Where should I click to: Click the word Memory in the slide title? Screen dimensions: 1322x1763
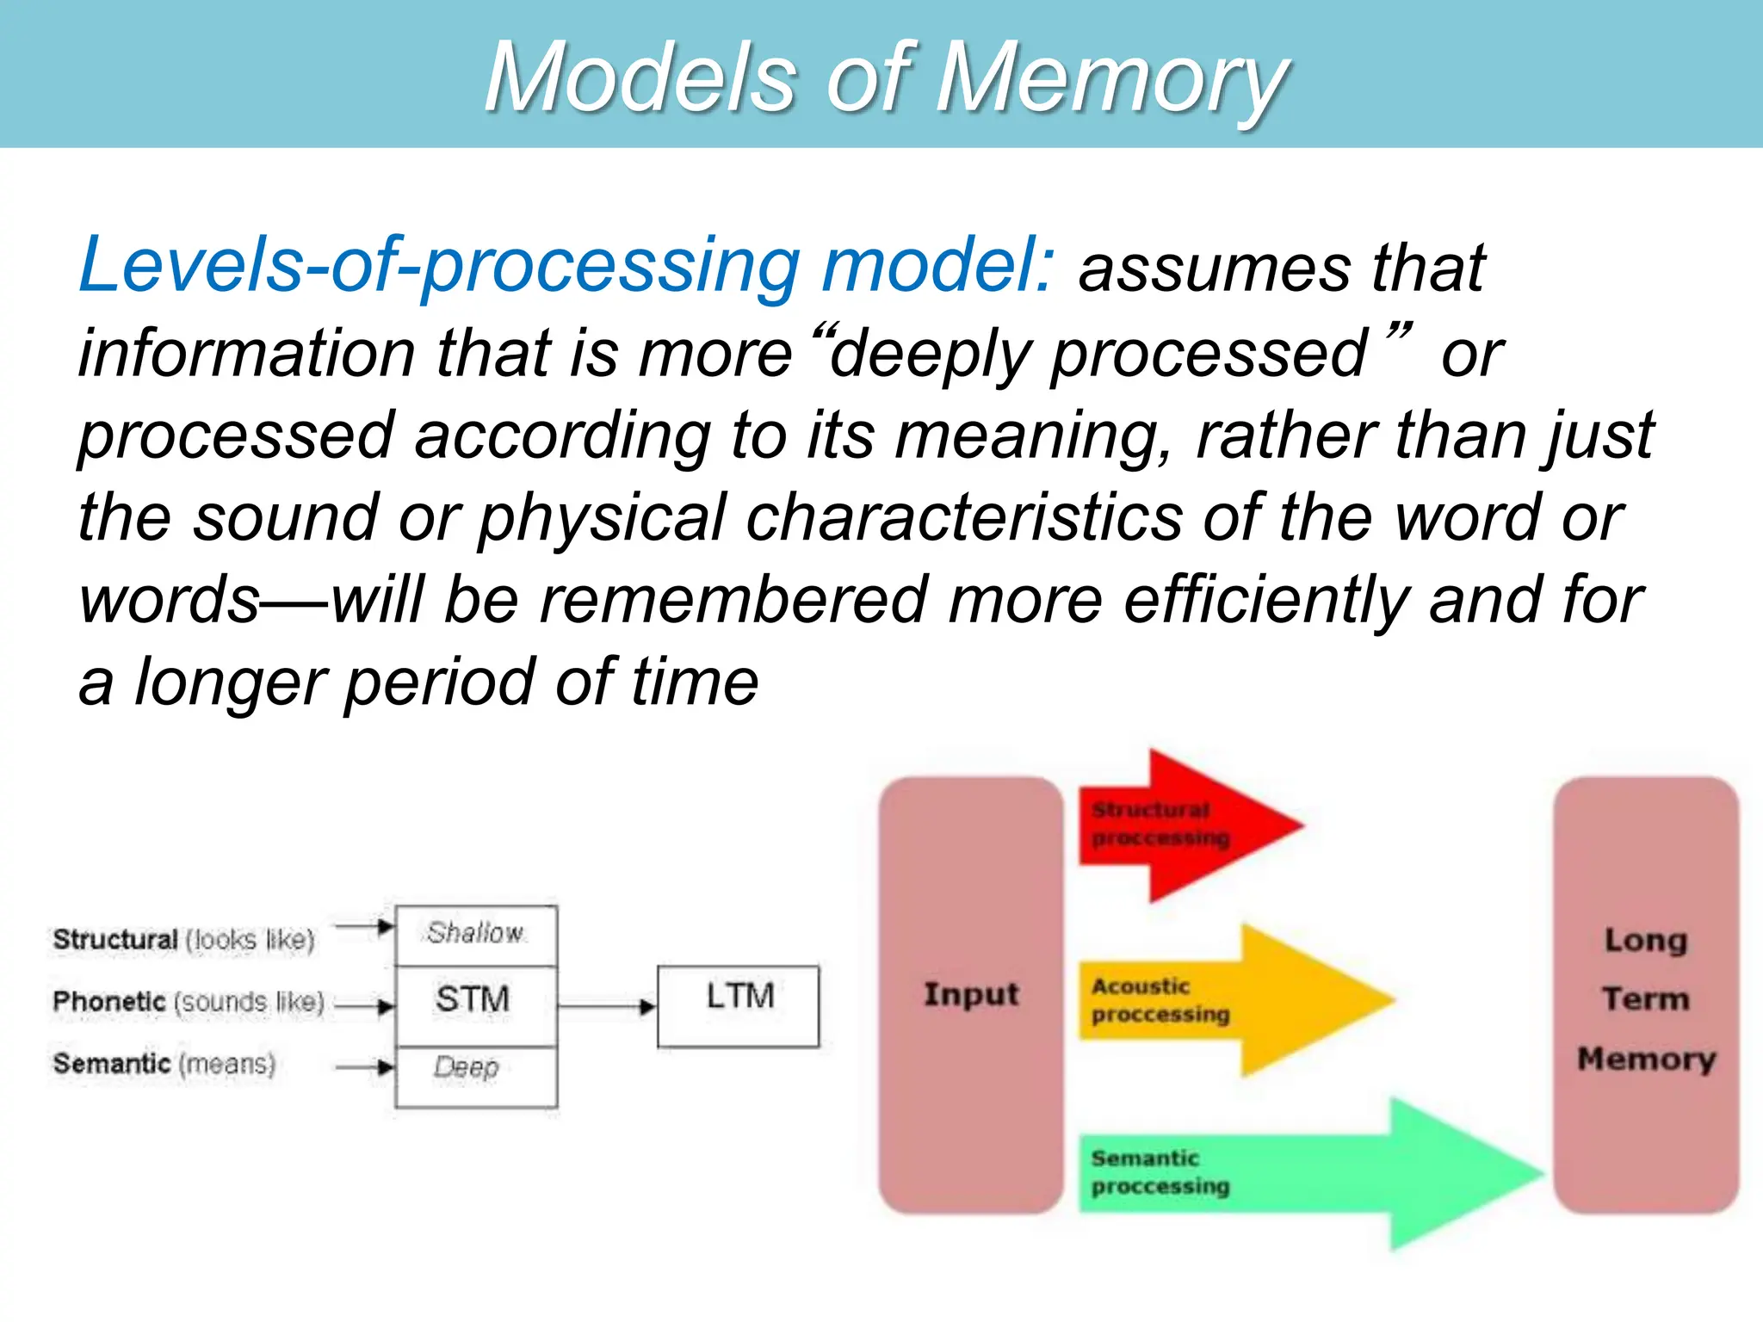point(1110,79)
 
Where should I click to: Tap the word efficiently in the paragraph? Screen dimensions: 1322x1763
point(1265,601)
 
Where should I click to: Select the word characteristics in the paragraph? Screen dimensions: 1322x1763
point(964,518)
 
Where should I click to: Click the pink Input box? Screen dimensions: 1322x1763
point(971,995)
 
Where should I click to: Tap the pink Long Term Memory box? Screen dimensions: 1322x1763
point(1646,995)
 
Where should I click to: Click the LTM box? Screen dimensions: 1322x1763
point(739,1005)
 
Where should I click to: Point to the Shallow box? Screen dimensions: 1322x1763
point(475,935)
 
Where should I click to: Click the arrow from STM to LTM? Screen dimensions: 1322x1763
point(606,1005)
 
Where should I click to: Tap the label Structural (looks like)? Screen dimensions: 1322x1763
point(183,939)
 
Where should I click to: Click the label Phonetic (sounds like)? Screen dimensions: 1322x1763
point(188,1002)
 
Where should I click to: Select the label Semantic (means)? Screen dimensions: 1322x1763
point(164,1064)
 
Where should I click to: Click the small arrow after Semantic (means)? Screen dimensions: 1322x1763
point(365,1067)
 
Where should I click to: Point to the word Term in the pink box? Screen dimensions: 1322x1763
point(1646,999)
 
